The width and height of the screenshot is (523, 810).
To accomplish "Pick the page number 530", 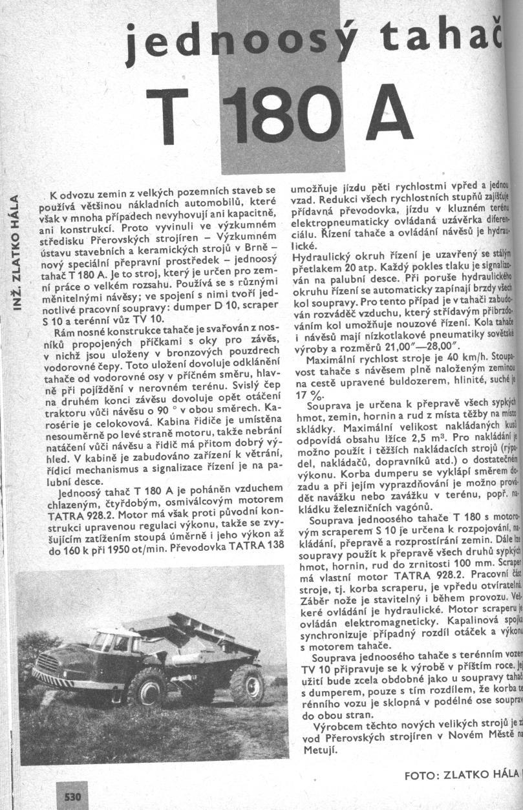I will [72, 797].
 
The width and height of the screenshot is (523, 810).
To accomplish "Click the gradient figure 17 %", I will [308, 394].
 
